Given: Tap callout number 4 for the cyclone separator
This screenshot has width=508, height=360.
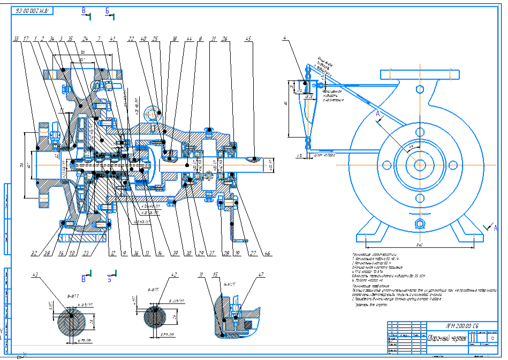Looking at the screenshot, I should pos(286,37).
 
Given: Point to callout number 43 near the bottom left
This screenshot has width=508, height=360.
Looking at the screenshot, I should pos(36,275).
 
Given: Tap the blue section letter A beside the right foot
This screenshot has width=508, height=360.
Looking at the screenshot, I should pos(495,228).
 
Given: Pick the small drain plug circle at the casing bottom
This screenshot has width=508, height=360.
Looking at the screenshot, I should pos(420,223).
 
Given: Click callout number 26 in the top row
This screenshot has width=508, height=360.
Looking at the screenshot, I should pos(224,39).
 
